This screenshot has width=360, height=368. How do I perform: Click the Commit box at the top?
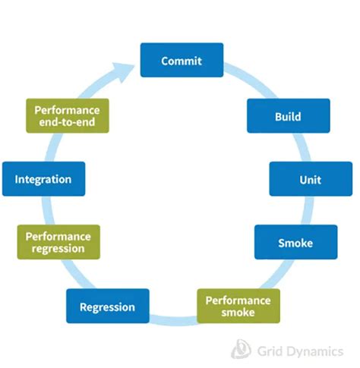[182, 61]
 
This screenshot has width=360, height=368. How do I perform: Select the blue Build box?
[288, 116]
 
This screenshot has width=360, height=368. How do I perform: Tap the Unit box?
[310, 179]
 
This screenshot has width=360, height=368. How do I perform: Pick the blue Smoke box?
[295, 243]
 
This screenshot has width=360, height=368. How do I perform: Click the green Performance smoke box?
[238, 306]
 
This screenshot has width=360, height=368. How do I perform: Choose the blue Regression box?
[107, 307]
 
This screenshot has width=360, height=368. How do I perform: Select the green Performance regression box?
[62, 242]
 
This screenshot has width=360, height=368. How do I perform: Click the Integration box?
[43, 179]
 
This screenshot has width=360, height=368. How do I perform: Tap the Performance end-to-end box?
[67, 116]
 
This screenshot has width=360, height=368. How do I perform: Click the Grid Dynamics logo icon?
[242, 348]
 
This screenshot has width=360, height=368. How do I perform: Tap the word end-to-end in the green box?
[67, 123]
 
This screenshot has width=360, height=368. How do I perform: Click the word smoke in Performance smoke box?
[238, 313]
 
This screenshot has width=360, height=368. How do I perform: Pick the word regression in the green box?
[62, 249]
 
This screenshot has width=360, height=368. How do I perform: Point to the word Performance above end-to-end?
[67, 109]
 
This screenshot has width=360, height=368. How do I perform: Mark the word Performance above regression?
[62, 236]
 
